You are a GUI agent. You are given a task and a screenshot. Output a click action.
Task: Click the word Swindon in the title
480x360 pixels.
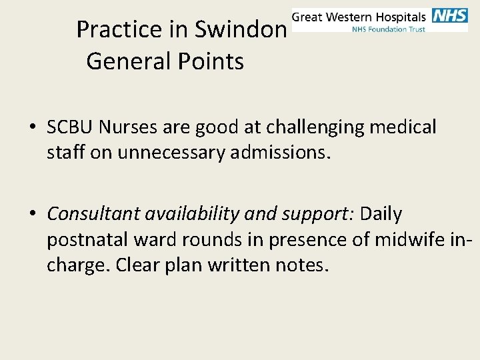241,29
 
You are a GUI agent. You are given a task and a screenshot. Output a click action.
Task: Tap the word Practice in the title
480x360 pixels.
119,29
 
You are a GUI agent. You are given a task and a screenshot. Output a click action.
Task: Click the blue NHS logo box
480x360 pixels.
450,16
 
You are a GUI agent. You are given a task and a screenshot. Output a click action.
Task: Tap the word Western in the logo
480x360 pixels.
351,17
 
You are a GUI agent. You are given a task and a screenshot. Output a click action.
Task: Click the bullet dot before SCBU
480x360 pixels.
31,127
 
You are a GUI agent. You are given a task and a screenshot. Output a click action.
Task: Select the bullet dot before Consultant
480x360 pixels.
31,215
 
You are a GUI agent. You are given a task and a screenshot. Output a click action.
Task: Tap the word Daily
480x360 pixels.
381,214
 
